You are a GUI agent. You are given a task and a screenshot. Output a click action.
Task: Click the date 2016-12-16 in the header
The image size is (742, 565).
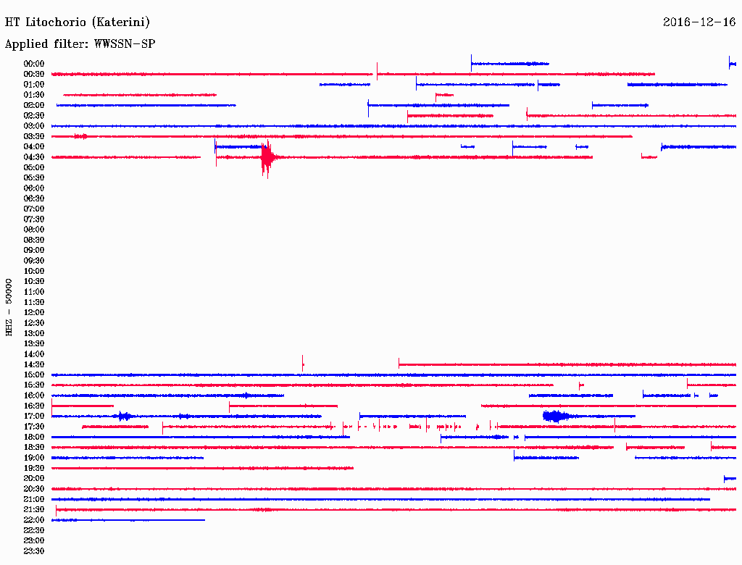[x=699, y=22]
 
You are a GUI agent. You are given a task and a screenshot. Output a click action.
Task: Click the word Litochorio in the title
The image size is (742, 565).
[x=56, y=22]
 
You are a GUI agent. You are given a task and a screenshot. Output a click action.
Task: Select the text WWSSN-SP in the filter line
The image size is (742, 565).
[x=125, y=44]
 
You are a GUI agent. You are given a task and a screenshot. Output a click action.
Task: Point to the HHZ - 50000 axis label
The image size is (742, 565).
[x=9, y=307]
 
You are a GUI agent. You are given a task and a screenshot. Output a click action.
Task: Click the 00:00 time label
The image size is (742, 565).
[x=34, y=64]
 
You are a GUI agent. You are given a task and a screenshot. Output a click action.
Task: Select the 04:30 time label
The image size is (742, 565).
[x=34, y=157]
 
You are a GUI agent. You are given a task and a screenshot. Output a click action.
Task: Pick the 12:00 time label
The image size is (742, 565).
[x=34, y=312]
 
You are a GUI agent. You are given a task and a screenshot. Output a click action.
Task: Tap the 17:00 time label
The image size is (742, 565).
[x=34, y=416]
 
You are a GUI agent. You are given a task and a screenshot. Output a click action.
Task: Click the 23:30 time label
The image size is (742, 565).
[x=34, y=551]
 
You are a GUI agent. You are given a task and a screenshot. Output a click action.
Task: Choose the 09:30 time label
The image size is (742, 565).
[x=34, y=261]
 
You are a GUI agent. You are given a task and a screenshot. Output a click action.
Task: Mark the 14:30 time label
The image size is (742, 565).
[x=34, y=364]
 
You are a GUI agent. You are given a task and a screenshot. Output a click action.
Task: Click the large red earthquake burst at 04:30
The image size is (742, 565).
[x=268, y=158]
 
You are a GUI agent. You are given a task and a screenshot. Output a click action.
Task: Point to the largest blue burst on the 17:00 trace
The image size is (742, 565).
[x=556, y=417]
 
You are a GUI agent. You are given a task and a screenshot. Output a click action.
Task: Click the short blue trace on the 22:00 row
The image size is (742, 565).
[x=128, y=520]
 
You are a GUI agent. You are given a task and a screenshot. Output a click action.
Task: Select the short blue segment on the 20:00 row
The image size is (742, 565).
[x=730, y=479]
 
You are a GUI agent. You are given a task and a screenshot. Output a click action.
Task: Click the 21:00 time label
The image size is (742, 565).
[x=34, y=499]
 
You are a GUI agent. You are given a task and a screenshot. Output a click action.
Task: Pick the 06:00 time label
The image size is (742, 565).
[x=34, y=188]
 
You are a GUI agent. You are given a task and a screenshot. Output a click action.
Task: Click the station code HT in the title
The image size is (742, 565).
[x=12, y=22]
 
